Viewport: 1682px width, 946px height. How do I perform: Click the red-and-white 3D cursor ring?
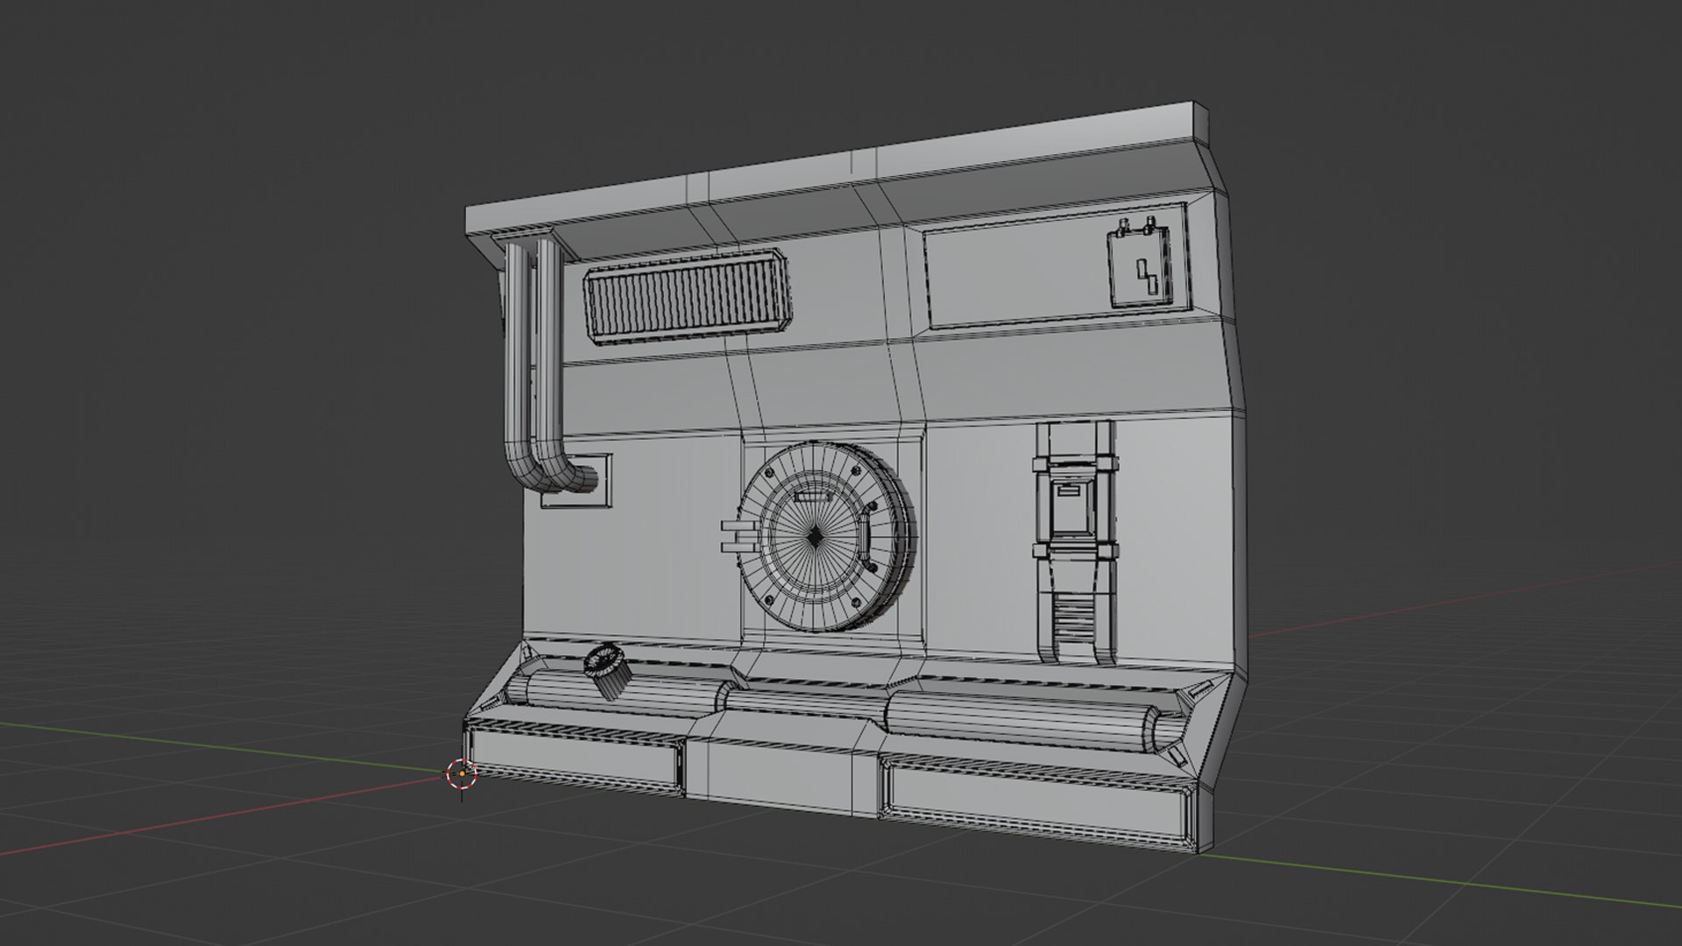(x=461, y=773)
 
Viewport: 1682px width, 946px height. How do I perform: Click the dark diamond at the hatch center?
(x=815, y=537)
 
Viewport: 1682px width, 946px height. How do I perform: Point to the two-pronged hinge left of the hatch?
(x=734, y=536)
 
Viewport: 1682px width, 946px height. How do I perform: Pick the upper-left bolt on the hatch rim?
(x=769, y=475)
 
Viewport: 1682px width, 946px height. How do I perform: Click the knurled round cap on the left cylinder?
(x=605, y=671)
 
